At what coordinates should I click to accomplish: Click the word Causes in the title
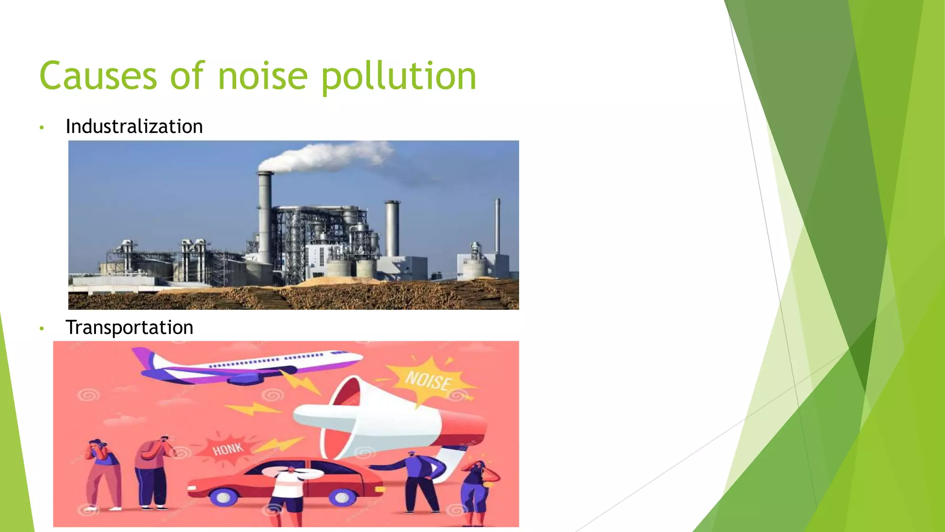[98, 76]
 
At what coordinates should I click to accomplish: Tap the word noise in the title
[263, 76]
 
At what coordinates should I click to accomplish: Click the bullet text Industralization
[134, 127]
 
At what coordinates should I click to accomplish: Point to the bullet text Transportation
[129, 327]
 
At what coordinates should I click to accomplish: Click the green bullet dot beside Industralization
[42, 127]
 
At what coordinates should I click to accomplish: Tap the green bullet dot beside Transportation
[42, 329]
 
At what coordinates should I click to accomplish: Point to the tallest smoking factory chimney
[265, 217]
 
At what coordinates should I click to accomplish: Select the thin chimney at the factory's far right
[497, 226]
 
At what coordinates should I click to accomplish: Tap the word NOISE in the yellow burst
[428, 381]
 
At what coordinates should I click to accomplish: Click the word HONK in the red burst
[228, 448]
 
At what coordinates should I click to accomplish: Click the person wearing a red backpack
[152, 471]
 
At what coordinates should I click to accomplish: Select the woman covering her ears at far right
[476, 492]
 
